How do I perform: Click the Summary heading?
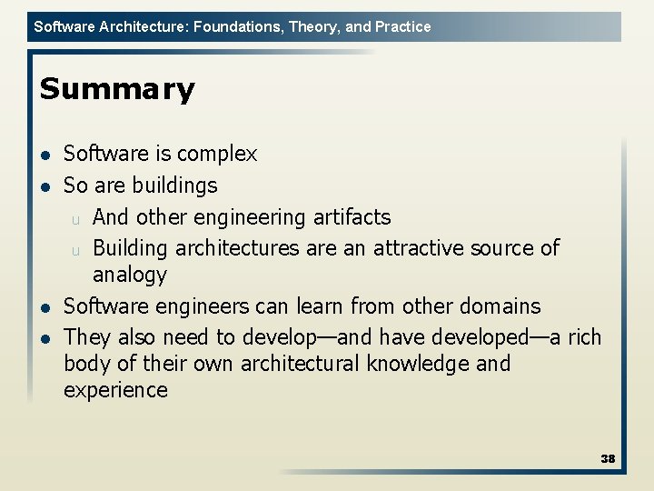tap(117, 89)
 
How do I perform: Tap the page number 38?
tap(608, 458)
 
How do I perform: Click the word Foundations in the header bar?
tap(236, 26)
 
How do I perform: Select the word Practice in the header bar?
tap(401, 26)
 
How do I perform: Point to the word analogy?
tap(130, 275)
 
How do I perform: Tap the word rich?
tap(584, 337)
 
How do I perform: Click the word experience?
tap(115, 391)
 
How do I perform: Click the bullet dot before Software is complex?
tap(45, 155)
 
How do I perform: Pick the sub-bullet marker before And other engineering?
tap(77, 219)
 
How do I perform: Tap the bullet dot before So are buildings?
tap(45, 186)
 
